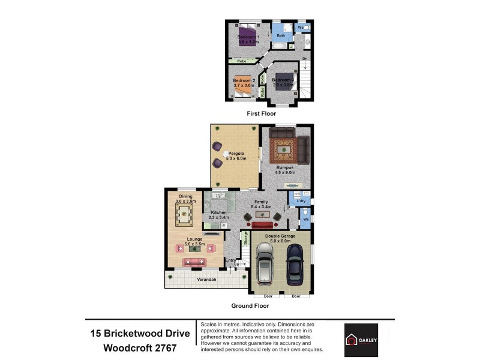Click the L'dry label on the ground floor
pos(293,201)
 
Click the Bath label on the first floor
pos(280,36)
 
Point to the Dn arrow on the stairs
pos(305,59)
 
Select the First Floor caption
pos(262,113)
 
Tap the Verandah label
pos(206,280)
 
